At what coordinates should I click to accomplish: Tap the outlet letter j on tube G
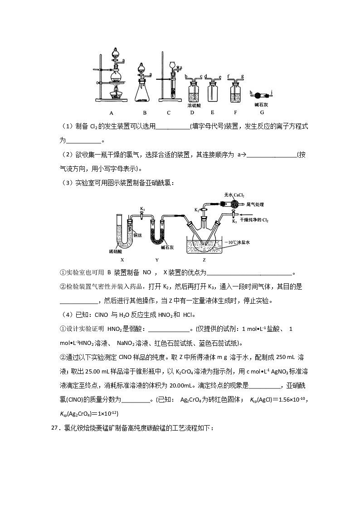pos(271,92)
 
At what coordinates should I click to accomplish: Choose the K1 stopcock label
pos(142,209)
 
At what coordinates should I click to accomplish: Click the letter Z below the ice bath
pos(204,260)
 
